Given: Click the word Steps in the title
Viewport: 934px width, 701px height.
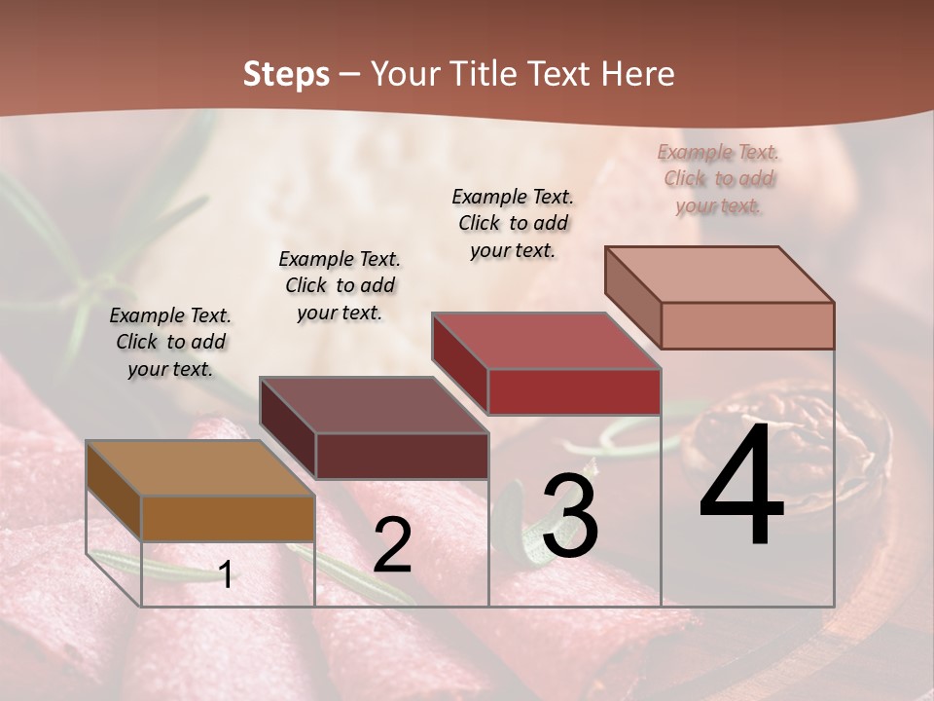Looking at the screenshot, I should (x=286, y=74).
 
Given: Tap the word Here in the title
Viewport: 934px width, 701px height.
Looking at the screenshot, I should (x=636, y=74).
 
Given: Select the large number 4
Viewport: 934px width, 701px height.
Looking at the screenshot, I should (x=741, y=487).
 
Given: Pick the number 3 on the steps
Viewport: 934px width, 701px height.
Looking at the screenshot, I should (x=570, y=517).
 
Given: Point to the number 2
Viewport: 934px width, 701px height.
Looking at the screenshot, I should (x=392, y=545).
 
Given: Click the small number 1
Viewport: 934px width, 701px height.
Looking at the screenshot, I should (x=226, y=574).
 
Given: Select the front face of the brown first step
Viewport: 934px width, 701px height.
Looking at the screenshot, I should (x=228, y=518).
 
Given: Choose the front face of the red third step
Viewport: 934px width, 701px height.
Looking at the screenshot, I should (x=574, y=391).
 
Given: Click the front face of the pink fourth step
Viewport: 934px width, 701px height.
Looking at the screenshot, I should (x=747, y=325).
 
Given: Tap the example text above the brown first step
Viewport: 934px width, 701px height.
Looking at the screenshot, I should (x=170, y=342).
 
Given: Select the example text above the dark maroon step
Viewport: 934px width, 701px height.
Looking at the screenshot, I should (x=340, y=285).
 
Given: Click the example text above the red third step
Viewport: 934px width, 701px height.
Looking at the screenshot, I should (x=513, y=223).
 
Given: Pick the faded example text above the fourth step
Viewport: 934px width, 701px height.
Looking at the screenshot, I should (x=719, y=178).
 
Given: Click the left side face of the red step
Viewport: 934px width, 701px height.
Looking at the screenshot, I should (x=459, y=363).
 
